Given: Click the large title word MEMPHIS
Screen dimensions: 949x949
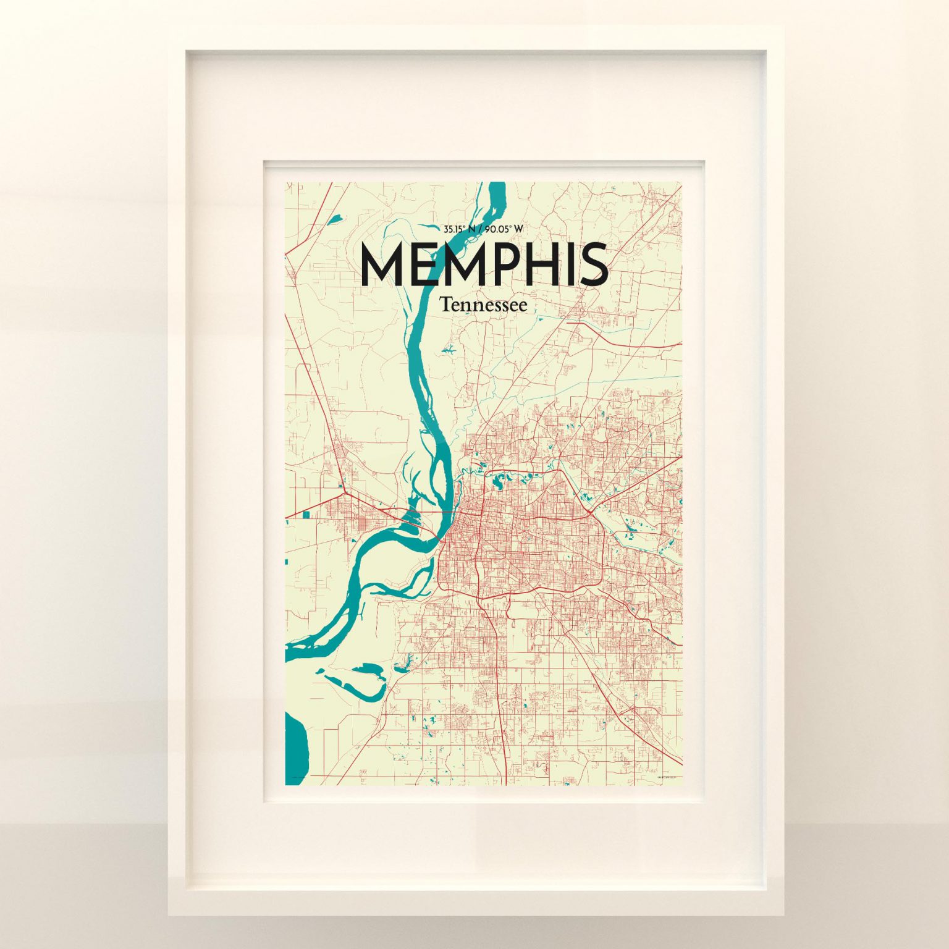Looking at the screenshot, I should tap(484, 264).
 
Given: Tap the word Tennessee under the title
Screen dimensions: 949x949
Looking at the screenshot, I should tap(484, 305).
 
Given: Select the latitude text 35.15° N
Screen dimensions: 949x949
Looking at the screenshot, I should tap(459, 229).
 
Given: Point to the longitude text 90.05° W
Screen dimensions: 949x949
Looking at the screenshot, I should tap(504, 229).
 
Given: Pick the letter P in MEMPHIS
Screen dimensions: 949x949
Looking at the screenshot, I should tap(498, 264).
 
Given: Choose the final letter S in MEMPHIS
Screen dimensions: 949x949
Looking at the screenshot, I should tap(594, 264).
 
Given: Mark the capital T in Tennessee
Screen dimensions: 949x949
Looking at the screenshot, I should tap(444, 305).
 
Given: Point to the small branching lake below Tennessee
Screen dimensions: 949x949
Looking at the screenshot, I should tap(447, 352).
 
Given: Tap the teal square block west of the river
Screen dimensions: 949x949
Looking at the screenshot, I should tap(308, 513).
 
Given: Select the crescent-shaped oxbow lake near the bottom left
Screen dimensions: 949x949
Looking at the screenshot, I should tap(365, 683).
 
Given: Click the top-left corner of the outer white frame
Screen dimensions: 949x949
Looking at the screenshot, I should tap(169, 26).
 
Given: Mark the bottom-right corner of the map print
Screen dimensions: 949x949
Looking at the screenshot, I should tap(681, 785).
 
